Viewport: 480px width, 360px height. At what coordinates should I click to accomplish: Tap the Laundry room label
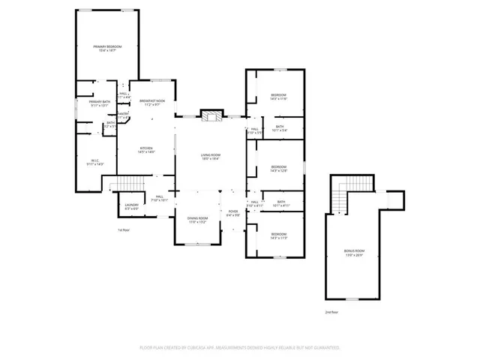pyautogui.click(x=132, y=206)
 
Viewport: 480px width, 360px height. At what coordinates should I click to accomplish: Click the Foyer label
pyautogui.click(x=233, y=213)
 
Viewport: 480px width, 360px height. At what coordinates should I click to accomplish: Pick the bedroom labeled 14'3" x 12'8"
pyautogui.click(x=278, y=168)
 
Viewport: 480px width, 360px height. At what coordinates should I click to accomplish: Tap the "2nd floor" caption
pyautogui.click(x=331, y=311)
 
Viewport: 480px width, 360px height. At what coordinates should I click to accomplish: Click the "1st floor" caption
pyautogui.click(x=124, y=229)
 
